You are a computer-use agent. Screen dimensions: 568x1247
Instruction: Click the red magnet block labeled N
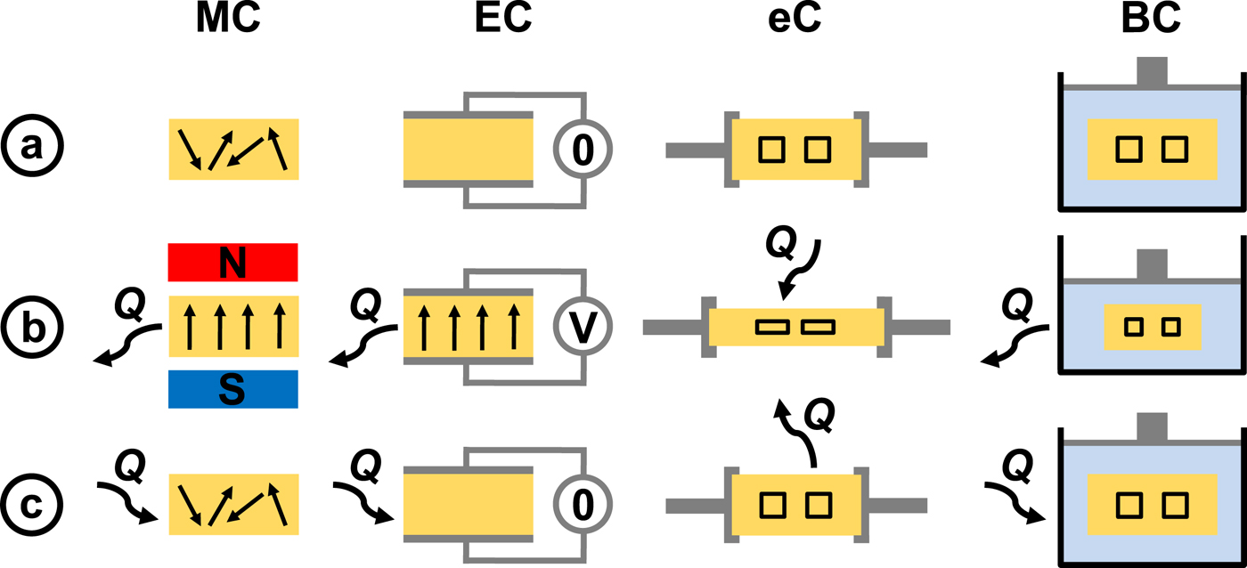coord(232,263)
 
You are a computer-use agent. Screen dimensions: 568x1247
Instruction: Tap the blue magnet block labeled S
coord(232,390)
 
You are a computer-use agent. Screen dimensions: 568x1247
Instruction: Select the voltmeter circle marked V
coord(582,328)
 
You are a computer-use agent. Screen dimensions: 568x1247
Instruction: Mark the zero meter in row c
coord(582,506)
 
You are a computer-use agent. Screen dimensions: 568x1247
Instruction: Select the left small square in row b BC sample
coord(1133,327)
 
